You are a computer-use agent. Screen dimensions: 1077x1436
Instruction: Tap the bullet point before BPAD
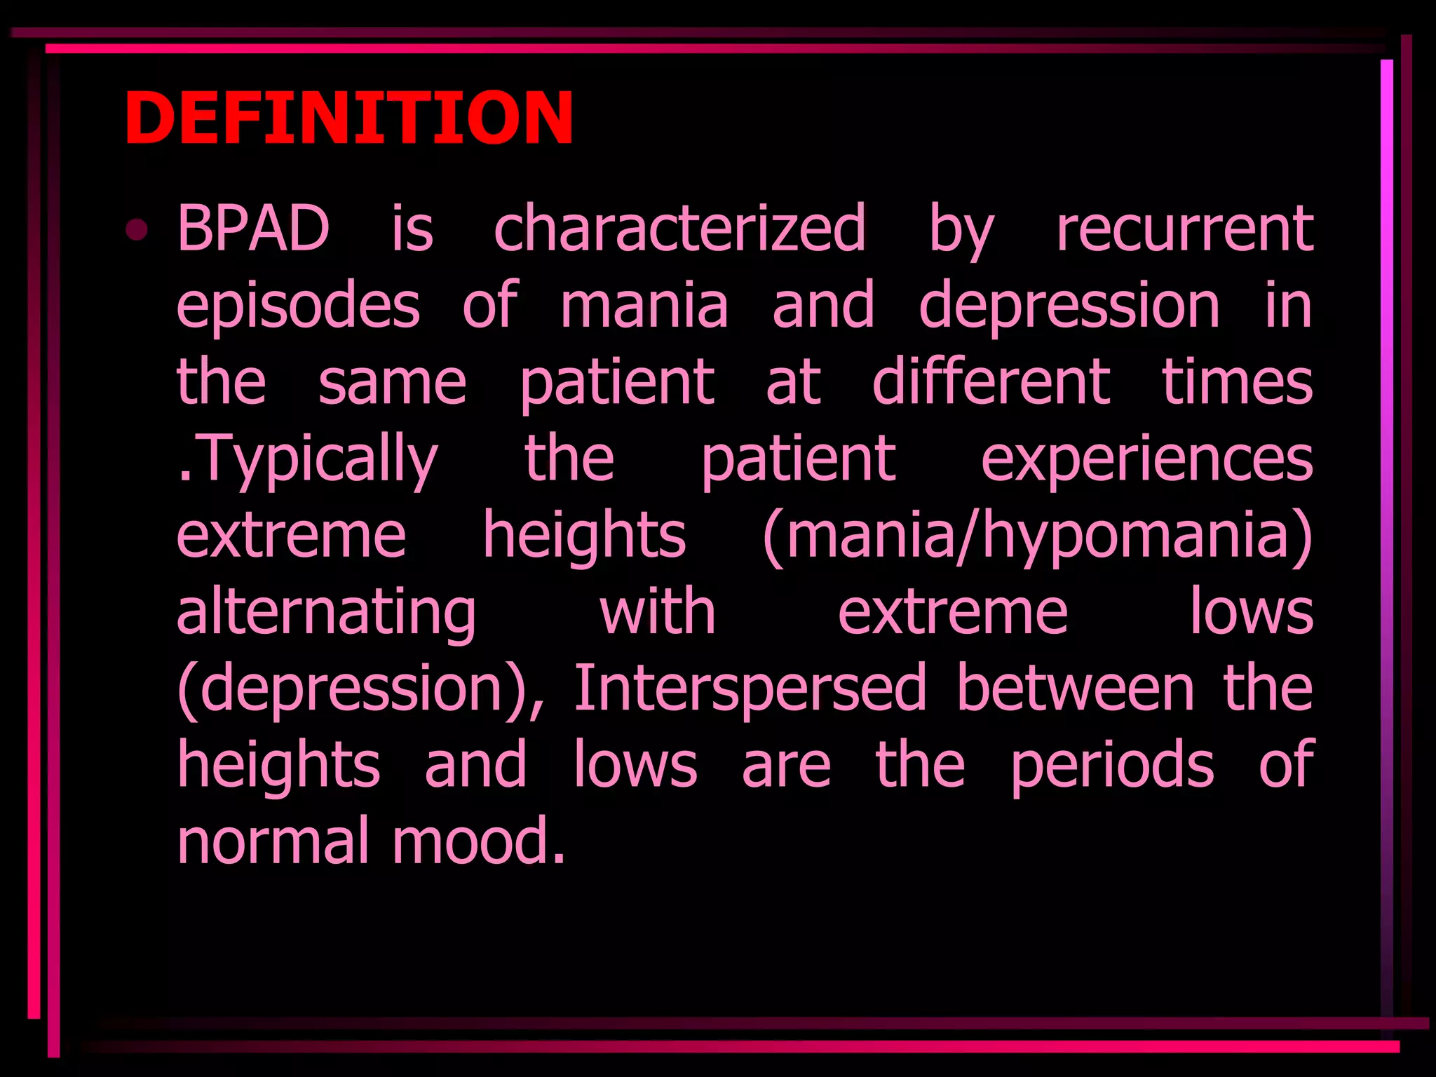click(x=137, y=230)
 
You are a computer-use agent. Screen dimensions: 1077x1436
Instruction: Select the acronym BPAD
click(x=253, y=228)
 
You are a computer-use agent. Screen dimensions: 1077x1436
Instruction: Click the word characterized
click(x=679, y=228)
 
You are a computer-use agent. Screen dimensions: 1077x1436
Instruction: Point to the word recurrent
click(x=1184, y=228)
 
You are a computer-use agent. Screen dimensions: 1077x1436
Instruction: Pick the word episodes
click(x=298, y=306)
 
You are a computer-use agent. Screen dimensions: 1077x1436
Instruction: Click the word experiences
click(x=1146, y=460)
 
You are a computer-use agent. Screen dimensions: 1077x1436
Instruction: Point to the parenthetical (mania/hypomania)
click(x=1037, y=536)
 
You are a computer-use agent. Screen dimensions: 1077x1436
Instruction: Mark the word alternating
click(x=326, y=613)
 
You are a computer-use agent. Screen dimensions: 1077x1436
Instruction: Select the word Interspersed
click(x=750, y=689)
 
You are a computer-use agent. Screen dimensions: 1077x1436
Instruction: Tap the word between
click(x=1076, y=689)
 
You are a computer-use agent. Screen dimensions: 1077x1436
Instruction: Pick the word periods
click(x=1112, y=766)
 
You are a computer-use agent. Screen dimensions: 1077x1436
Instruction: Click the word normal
click(x=273, y=841)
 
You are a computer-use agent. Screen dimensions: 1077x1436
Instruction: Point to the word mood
click(x=478, y=841)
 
